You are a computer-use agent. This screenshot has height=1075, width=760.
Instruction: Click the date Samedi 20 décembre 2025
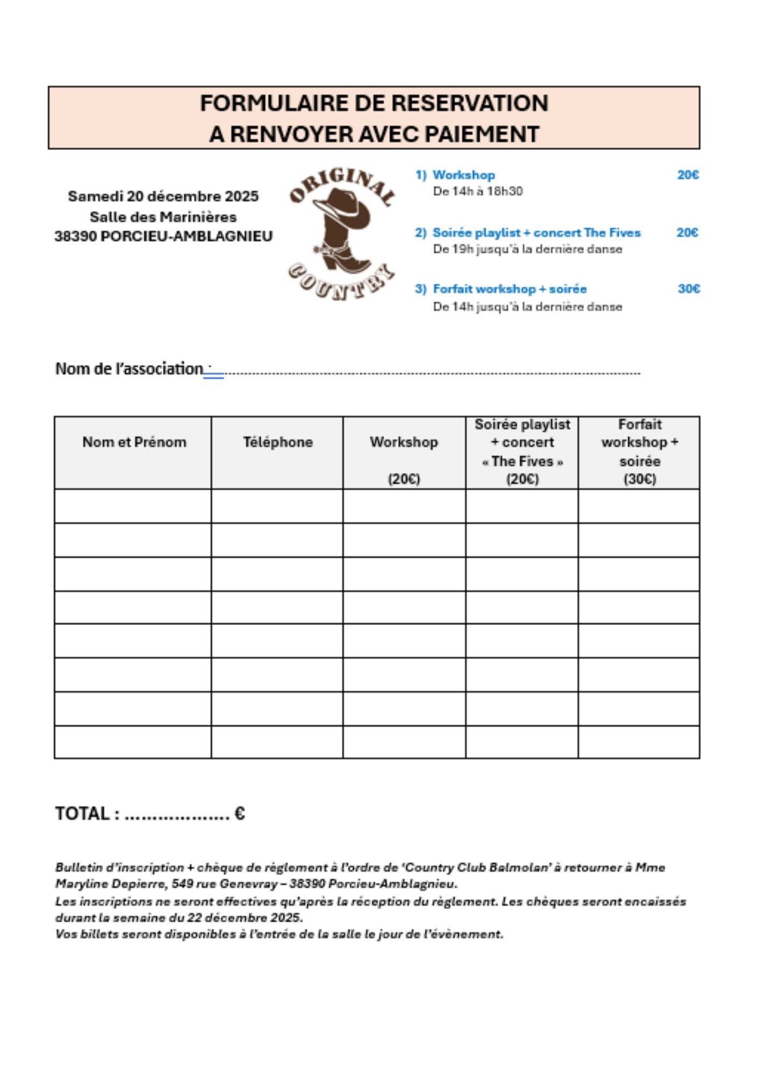163,196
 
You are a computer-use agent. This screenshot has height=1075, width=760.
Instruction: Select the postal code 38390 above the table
76,236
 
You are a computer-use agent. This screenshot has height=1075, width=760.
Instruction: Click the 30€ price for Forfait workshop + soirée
689,289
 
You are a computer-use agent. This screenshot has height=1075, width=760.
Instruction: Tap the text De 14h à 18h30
478,191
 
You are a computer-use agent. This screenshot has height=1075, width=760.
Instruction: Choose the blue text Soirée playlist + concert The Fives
536,233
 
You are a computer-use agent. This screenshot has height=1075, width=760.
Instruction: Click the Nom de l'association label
129,369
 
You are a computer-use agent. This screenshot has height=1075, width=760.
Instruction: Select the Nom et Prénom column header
134,442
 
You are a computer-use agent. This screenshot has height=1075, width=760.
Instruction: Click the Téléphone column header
277,442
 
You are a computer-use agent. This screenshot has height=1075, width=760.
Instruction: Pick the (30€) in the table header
640,479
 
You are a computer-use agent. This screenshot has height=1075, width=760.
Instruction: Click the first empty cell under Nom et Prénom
133,506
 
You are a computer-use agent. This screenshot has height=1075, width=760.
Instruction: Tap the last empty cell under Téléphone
277,742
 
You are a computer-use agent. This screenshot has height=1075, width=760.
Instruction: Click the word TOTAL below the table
82,814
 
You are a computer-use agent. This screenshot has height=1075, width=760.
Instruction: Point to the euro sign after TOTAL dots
240,814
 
